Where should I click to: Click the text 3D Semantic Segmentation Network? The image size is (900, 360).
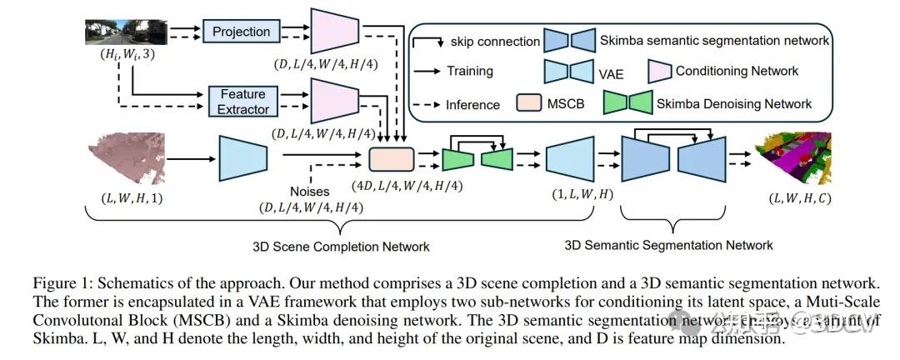(669, 245)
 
